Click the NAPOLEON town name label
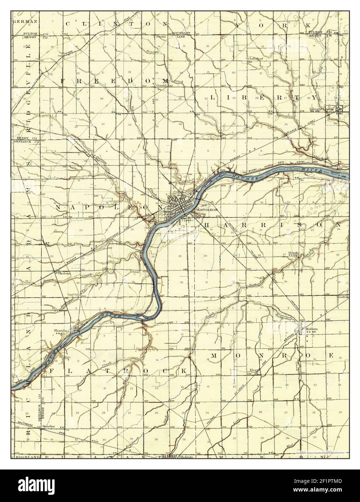[x=207, y=209]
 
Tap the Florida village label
[x=60, y=330]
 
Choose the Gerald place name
[x=161, y=86]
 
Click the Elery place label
[x=256, y=370]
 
